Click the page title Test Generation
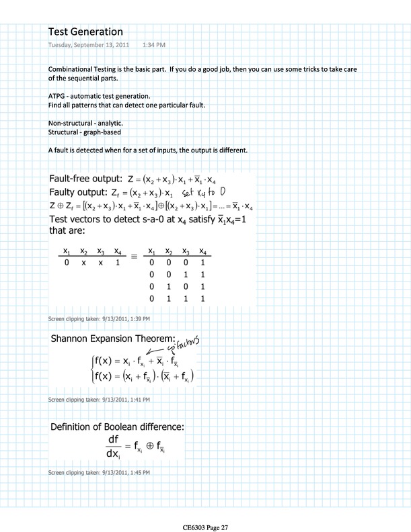click(x=85, y=32)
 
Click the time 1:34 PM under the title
click(x=154, y=45)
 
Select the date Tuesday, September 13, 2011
click(x=90, y=45)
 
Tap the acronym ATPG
click(x=59, y=97)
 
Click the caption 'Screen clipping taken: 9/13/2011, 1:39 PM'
click(x=100, y=318)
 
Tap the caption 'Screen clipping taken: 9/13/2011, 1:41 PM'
click(x=100, y=400)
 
